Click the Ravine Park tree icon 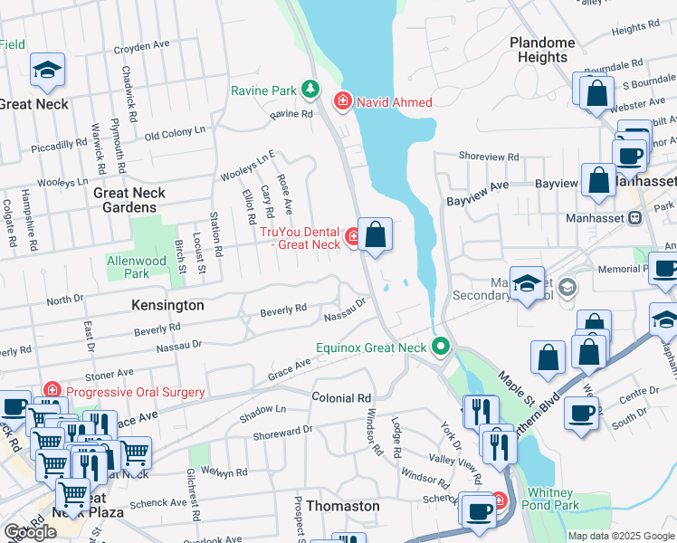[310, 89]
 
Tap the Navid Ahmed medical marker [343, 100]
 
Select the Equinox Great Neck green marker [441, 346]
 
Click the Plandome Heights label [542, 50]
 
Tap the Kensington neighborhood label [167, 306]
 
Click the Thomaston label [343, 506]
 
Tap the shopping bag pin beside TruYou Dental [376, 235]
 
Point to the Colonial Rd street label [341, 398]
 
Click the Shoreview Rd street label [489, 157]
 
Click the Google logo [30, 532]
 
